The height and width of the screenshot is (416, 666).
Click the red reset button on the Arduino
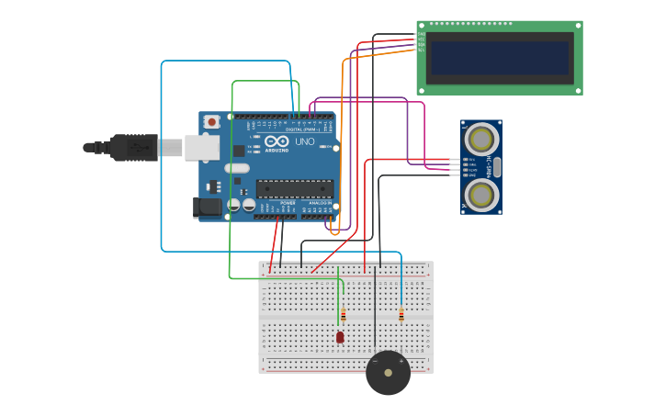click(x=212, y=121)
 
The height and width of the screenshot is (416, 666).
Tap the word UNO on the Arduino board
click(x=304, y=142)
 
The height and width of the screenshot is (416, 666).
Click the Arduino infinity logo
click(x=277, y=141)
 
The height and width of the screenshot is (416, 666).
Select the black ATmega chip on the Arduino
click(x=294, y=189)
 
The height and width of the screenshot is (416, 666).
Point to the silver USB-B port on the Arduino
click(x=201, y=147)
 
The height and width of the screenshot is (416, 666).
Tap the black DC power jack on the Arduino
click(x=209, y=208)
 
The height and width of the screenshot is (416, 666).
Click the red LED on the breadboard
click(x=340, y=338)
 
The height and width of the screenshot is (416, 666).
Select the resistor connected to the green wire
click(x=343, y=316)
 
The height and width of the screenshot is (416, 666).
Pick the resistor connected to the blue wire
click(x=401, y=315)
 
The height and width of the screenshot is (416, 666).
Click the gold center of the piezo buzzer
click(x=389, y=373)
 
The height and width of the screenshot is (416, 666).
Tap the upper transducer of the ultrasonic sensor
click(x=481, y=139)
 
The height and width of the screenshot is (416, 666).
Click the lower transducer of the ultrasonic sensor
click(x=481, y=194)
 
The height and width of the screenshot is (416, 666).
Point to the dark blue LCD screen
click(x=500, y=58)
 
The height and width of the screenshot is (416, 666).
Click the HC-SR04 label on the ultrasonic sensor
click(x=491, y=166)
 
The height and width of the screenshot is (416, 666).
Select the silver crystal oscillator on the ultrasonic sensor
click(x=497, y=166)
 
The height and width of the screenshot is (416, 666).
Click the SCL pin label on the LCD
click(x=422, y=50)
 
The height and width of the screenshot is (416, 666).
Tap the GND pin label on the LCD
click(x=422, y=34)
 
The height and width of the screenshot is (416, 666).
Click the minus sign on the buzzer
click(x=375, y=361)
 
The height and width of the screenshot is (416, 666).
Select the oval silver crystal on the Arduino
click(x=237, y=168)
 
